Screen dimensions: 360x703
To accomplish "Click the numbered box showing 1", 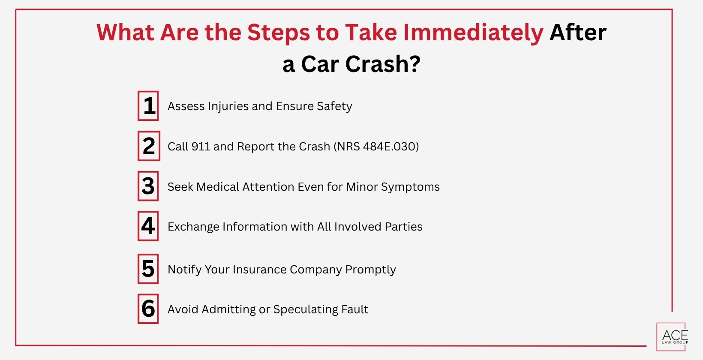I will click(x=148, y=106).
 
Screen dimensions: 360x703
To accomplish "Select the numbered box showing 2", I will click(x=149, y=146).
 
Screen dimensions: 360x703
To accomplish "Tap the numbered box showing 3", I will click(x=148, y=186).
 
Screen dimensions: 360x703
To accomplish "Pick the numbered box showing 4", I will click(x=148, y=226).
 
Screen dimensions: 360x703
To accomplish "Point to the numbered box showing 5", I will click(x=148, y=269).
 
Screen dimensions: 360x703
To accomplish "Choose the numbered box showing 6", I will click(x=148, y=309).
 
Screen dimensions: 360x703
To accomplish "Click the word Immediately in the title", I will click(x=473, y=33).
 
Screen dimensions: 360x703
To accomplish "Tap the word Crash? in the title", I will click(x=383, y=64).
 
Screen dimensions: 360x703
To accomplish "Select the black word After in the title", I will click(x=578, y=33).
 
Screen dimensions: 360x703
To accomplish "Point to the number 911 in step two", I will click(x=201, y=147).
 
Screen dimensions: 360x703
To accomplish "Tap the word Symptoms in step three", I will click(x=410, y=187).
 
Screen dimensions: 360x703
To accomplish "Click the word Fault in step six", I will click(x=355, y=309).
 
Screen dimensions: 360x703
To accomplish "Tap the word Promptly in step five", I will click(x=370, y=270).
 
